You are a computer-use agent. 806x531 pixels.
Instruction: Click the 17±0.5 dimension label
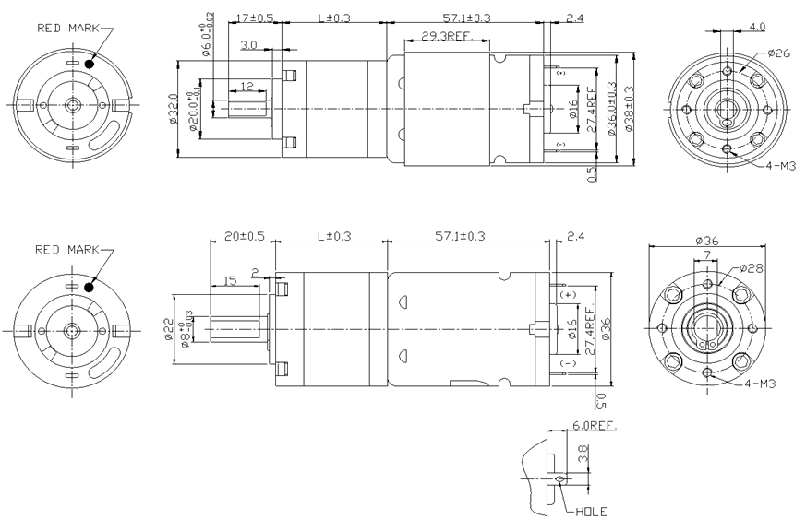point(254,18)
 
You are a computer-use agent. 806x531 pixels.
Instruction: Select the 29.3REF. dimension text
point(448,36)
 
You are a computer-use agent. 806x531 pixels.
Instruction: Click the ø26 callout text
point(777,53)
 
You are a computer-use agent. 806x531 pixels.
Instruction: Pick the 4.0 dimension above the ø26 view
point(756,26)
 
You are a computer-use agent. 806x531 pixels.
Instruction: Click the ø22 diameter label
point(170,328)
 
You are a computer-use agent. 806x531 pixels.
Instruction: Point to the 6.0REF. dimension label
point(594,426)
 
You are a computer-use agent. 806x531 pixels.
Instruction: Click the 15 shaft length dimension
point(230,278)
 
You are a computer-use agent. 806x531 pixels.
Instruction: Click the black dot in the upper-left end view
point(90,63)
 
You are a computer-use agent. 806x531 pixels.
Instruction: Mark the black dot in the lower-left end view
point(90,287)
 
